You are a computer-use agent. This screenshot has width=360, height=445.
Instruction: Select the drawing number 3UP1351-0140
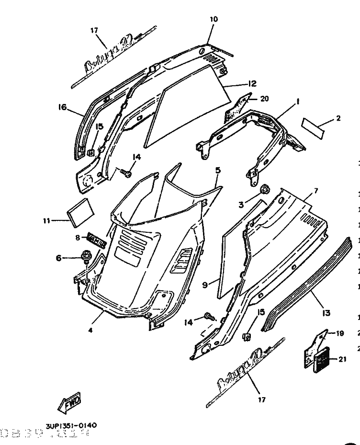[x=71, y=425]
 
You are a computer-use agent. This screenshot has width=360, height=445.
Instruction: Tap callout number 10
[x=214, y=19]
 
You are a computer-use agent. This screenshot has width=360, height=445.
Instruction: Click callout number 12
[x=252, y=83]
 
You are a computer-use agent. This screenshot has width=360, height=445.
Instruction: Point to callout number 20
[x=265, y=99]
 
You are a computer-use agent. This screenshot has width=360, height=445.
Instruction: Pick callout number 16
[x=63, y=107]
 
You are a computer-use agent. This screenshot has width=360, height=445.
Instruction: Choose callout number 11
[x=46, y=221]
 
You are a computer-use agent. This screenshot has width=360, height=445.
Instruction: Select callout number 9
[x=204, y=285]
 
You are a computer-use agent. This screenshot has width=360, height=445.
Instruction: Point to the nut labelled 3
[x=265, y=189]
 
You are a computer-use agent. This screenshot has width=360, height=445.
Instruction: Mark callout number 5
[x=217, y=170]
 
